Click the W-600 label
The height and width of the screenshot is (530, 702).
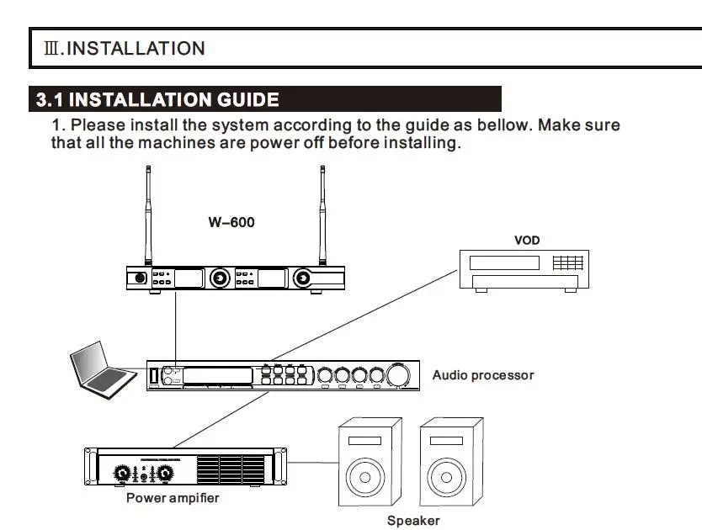[231, 222]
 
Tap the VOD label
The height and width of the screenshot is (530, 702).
[527, 241]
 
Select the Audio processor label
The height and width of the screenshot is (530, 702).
[483, 375]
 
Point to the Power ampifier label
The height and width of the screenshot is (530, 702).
[173, 498]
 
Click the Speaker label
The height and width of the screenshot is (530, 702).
[413, 521]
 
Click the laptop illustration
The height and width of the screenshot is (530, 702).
[103, 370]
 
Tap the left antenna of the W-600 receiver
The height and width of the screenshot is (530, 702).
[148, 215]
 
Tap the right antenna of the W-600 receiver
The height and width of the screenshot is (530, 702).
[322, 215]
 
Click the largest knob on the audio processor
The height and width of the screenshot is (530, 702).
[398, 375]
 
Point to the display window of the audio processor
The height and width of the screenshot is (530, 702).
[217, 375]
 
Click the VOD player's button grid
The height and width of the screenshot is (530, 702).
[568, 262]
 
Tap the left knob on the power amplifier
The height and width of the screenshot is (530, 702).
[122, 473]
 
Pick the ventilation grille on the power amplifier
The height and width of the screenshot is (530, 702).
[231, 469]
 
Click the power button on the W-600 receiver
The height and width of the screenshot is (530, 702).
[140, 278]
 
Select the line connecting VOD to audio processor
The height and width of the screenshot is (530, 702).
[364, 315]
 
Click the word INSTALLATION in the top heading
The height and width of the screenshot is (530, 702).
[136, 48]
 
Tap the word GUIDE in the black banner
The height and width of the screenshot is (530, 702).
[248, 99]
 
